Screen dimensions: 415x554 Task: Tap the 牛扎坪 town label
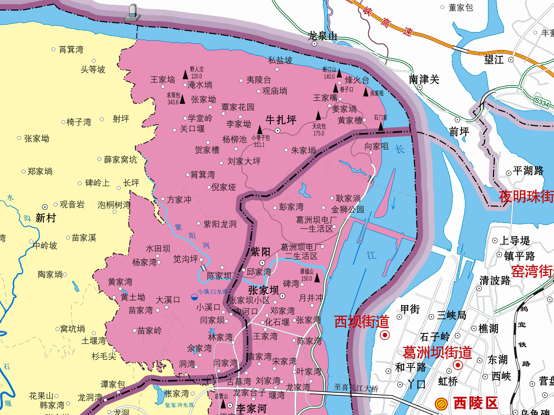point(281,120)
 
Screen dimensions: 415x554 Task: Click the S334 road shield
point(541,102)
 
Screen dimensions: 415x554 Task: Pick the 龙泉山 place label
point(322,36)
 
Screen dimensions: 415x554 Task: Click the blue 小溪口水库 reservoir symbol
point(194,297)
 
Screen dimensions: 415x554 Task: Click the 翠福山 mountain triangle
point(317,278)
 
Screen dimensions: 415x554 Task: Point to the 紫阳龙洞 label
point(220,224)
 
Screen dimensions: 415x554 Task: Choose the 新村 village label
point(46,218)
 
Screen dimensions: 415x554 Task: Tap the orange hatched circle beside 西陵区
point(441,404)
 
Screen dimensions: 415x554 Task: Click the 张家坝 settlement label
point(263,290)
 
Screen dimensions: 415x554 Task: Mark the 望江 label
point(494,60)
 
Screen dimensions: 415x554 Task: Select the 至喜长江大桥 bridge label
point(356,388)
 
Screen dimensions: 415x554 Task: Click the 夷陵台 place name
point(258,80)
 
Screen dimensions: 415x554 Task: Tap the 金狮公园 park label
point(347,209)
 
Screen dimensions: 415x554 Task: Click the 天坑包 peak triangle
point(318,116)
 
